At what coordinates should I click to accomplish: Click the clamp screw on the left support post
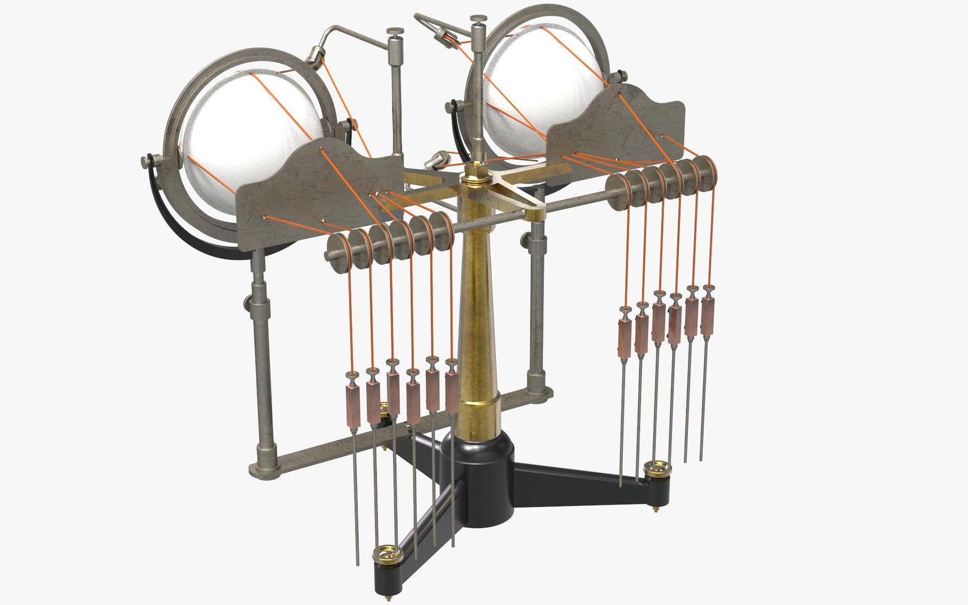pyautogui.click(x=248, y=305)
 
